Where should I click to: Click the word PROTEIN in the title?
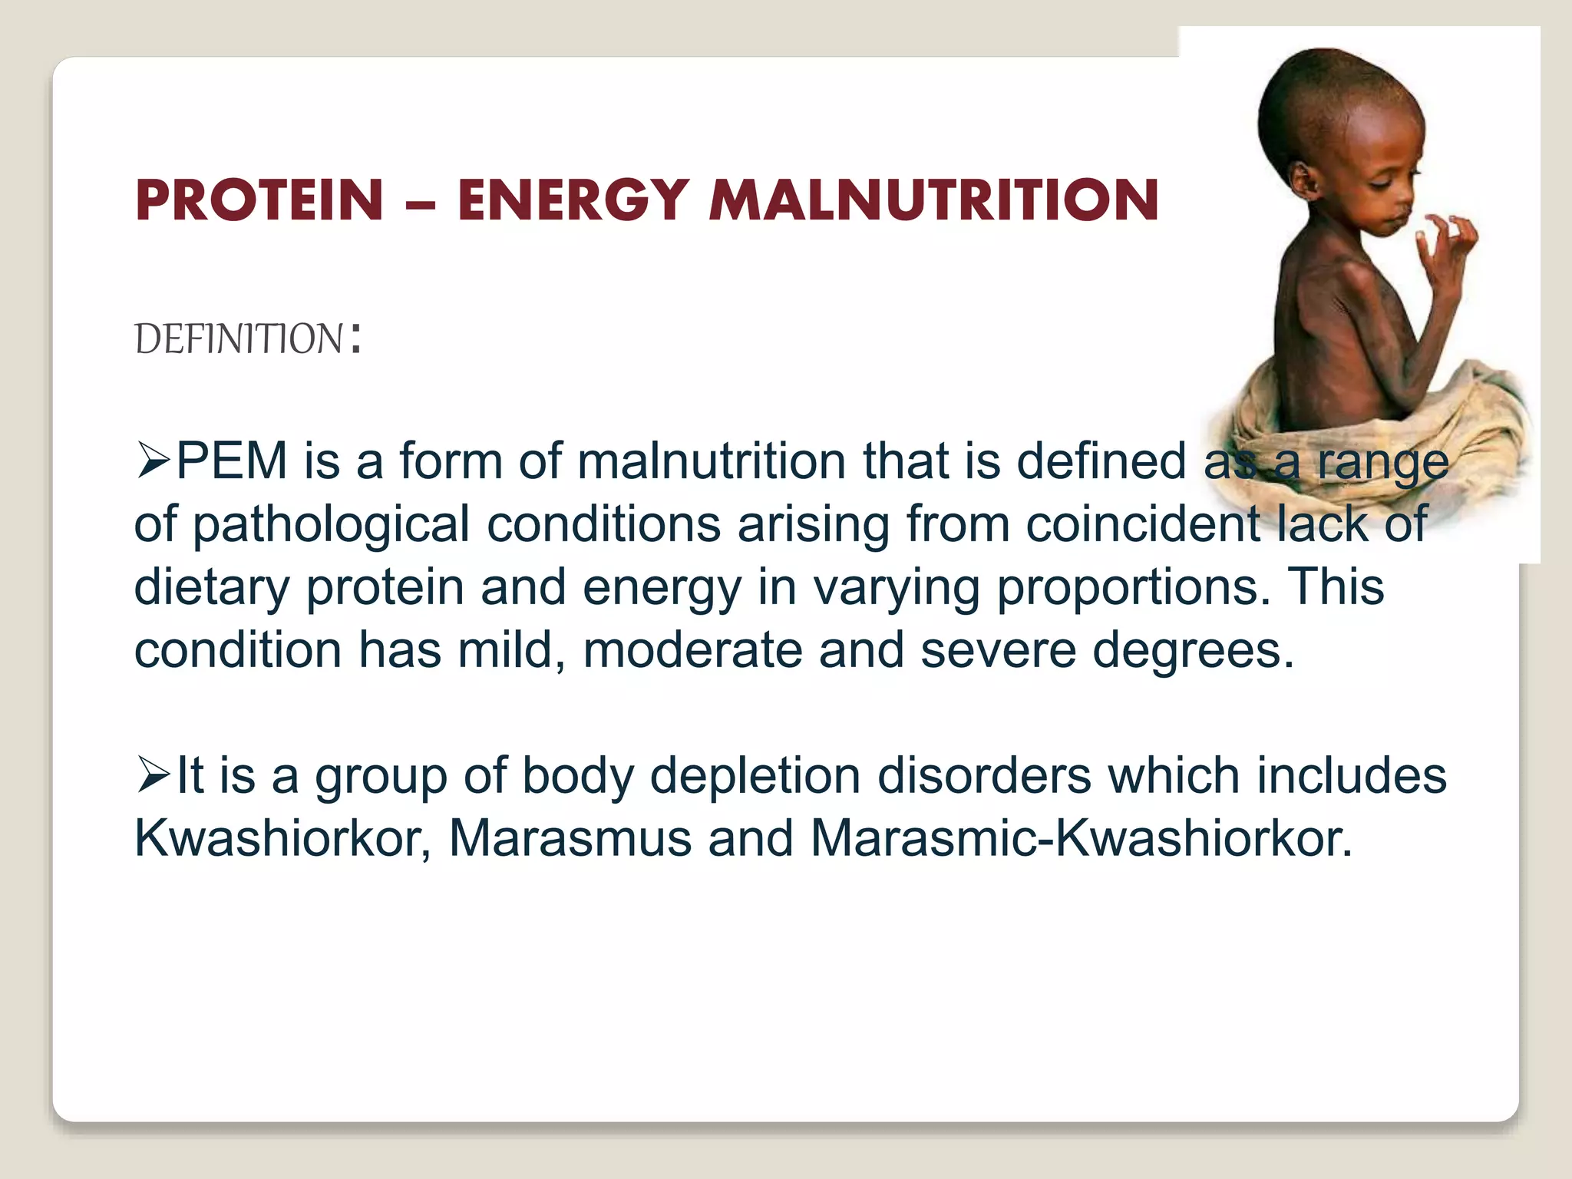pyautogui.click(x=259, y=200)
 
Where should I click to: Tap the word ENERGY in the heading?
pyautogui.click(x=572, y=200)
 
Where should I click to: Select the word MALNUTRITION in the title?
pyautogui.click(x=933, y=200)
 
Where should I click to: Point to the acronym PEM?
pyautogui.click(x=232, y=461)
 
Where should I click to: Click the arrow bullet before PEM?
pyautogui.click(x=153, y=461)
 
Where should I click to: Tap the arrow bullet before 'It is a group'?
pyautogui.click(x=153, y=774)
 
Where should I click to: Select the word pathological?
pyautogui.click(x=331, y=525)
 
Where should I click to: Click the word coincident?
pyautogui.click(x=1143, y=525)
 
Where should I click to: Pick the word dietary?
pyautogui.click(x=212, y=588)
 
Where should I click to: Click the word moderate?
pyautogui.click(x=692, y=651)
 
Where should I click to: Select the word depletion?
pyautogui.click(x=755, y=775)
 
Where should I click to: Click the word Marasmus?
pyautogui.click(x=570, y=837)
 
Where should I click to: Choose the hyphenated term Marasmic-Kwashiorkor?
pyautogui.click(x=1081, y=837)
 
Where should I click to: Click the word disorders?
pyautogui.click(x=984, y=775)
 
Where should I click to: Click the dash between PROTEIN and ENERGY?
pyautogui.click(x=420, y=205)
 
